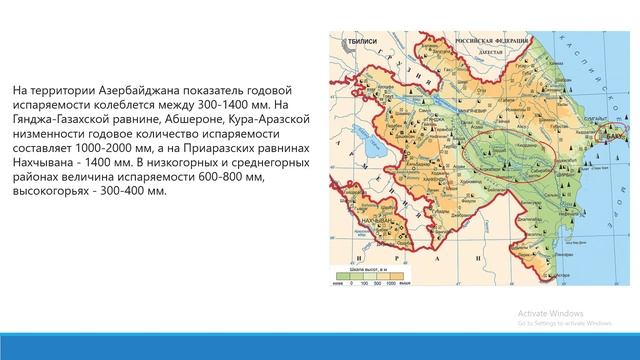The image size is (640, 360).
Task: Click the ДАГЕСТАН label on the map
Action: click(x=490, y=48)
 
